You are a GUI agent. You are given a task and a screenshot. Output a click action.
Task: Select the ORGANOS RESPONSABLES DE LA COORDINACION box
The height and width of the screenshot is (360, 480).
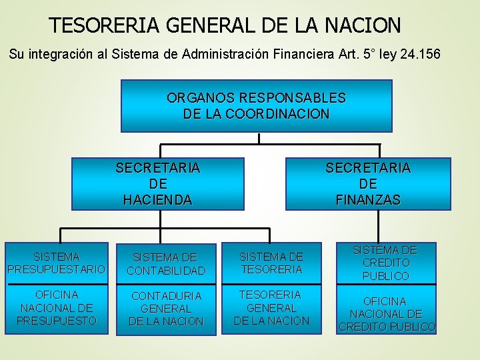pos(256,106)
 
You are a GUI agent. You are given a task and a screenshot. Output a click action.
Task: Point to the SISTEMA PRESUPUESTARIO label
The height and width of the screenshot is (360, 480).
pos(57,263)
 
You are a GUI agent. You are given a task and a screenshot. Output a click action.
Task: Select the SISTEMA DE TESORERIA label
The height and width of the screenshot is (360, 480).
pos(271,263)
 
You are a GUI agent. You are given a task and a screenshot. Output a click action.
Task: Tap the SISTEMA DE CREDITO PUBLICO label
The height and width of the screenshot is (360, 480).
pos(385,263)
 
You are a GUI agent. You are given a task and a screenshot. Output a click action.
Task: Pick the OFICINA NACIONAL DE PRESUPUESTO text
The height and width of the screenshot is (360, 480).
pos(57,307)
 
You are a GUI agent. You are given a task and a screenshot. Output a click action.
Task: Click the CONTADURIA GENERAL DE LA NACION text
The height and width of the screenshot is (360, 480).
pos(166,309)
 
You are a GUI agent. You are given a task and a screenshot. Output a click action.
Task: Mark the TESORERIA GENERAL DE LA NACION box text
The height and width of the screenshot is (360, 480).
pos(271,307)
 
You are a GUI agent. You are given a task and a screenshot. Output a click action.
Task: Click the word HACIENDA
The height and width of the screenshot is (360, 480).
pos(157,199)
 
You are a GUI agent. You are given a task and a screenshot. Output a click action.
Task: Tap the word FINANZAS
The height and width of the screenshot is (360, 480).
pos(368,199)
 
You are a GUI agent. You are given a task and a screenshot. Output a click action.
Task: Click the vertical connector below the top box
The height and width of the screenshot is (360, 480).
pos(259,138)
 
